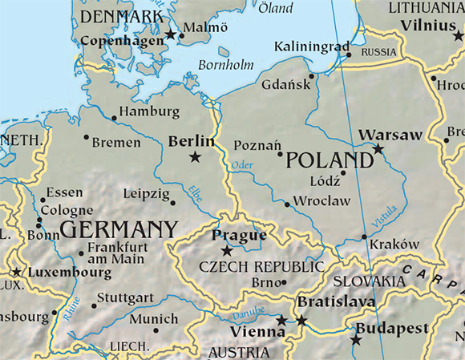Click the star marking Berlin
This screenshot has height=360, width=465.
(195, 157)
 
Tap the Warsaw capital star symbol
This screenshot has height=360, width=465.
(378, 148)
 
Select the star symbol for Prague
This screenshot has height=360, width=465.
(227, 251)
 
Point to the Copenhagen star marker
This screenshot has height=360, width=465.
(170, 35)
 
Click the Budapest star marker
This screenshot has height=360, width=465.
(356, 340)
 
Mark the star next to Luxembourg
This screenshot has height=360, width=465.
(17, 273)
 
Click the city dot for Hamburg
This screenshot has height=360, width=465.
(114, 119)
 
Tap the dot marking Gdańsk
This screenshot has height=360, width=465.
(311, 77)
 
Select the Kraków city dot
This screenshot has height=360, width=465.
(365, 237)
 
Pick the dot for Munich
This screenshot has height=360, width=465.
(156, 329)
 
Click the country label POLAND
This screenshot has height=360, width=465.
(330, 160)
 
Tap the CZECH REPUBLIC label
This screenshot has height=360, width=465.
(261, 266)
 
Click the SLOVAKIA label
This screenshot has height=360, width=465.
(369, 281)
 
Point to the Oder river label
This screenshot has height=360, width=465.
(241, 165)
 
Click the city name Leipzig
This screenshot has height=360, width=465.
(147, 193)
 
